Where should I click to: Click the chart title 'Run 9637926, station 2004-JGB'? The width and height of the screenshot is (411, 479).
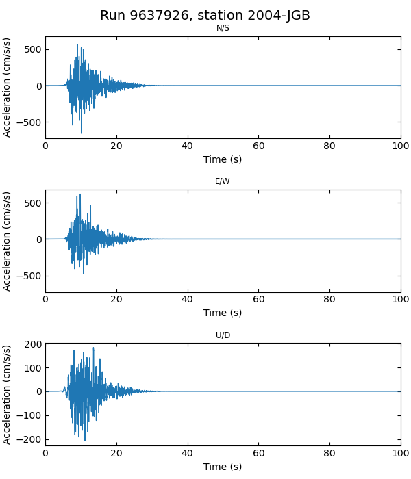[x=205, y=16]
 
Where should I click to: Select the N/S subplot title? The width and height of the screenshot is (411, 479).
[x=223, y=28]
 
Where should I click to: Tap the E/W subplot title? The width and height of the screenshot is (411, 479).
[x=223, y=181]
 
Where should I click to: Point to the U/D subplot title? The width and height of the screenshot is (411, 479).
[x=223, y=335]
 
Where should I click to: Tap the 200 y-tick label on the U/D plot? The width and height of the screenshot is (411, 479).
[x=32, y=344]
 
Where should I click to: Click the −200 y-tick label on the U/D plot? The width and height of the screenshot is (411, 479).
[x=29, y=439]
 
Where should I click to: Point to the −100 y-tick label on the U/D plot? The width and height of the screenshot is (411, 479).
[x=29, y=415]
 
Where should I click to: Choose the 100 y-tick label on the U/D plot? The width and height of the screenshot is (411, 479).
[x=32, y=368]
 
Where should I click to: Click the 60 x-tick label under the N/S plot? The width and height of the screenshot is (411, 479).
[x=258, y=146]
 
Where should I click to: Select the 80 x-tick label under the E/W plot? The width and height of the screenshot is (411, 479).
[x=329, y=299]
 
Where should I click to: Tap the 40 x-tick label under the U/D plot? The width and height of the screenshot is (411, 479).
[x=187, y=453]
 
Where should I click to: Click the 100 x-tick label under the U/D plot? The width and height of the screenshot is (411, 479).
[x=401, y=453]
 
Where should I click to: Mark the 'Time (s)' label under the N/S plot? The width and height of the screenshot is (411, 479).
[x=223, y=159]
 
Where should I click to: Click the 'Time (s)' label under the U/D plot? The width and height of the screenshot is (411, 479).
[x=223, y=467]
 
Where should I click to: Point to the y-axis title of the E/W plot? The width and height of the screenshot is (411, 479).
[x=8, y=241]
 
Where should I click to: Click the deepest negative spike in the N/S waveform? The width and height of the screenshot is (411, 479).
[x=82, y=133]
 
